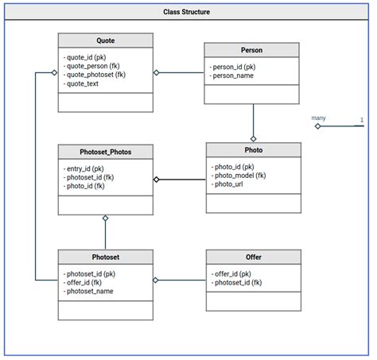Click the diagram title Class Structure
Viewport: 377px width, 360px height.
188,13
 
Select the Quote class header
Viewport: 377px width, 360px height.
105,41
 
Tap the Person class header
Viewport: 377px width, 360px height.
252,50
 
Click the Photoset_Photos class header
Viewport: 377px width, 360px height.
105,152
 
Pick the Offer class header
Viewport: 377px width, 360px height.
253,257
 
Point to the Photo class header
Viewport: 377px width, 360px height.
253,149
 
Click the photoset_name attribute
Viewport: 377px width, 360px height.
89,291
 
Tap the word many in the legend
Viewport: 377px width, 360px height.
319,118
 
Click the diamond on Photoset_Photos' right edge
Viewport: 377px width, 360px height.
157,180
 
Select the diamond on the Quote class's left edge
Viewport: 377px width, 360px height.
54,73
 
